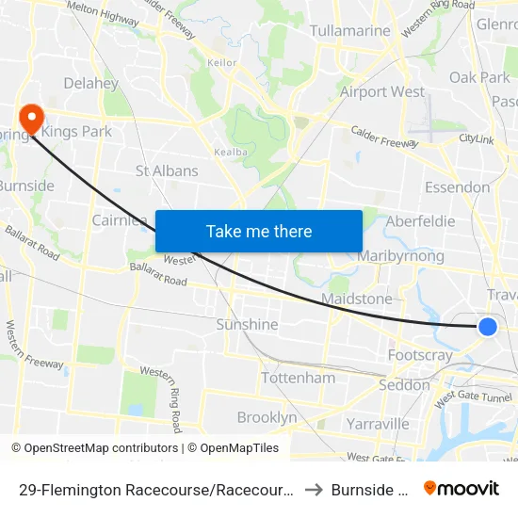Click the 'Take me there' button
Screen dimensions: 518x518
[259, 231]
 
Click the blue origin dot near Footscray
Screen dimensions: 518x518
[488, 327]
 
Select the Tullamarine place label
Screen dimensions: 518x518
[350, 31]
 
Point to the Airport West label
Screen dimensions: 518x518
[382, 91]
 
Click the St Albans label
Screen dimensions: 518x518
[167, 170]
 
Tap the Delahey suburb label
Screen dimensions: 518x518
[90, 83]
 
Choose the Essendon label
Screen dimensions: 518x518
[458, 187]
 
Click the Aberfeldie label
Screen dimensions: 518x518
[420, 221]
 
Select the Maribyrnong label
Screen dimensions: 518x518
[401, 256]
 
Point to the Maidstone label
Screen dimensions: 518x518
[356, 299]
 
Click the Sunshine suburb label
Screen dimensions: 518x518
[248, 324]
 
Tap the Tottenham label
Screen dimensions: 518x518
[298, 378]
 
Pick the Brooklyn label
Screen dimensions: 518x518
[267, 417]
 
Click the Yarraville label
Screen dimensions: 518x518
[377, 424]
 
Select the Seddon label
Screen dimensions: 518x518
[404, 385]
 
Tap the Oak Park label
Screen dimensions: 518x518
[478, 77]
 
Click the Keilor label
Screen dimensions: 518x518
[222, 63]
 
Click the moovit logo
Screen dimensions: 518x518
[461, 488]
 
